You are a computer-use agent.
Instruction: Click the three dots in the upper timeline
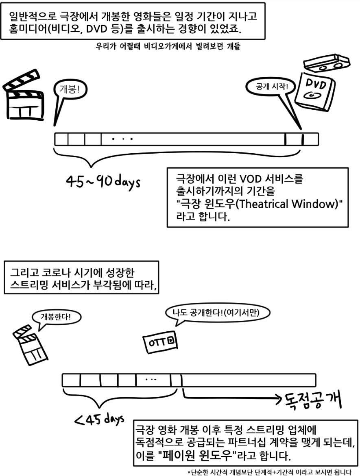[x=122, y=139]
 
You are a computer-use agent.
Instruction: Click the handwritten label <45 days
[x=99, y=419]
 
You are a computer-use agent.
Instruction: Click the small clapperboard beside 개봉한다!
[x=31, y=344]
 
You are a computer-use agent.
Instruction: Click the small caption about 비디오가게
[x=167, y=46]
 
